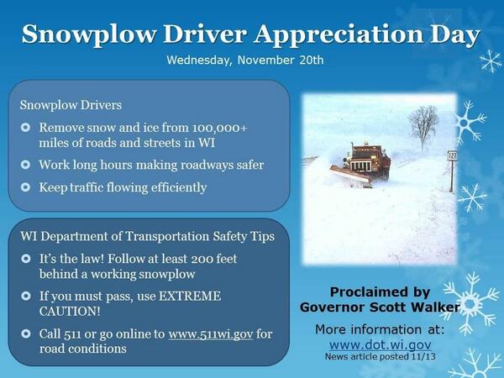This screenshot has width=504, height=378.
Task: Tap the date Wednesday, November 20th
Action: pyautogui.click(x=244, y=60)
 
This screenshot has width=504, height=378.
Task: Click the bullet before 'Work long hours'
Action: pyautogui.click(x=26, y=165)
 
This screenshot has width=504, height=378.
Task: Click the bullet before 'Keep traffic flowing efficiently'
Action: pyautogui.click(x=26, y=186)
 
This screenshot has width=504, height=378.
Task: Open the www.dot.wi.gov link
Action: pyautogui.click(x=380, y=344)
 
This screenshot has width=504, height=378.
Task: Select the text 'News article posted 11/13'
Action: pyautogui.click(x=380, y=357)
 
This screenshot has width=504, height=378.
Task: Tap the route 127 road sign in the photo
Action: pyautogui.click(x=451, y=156)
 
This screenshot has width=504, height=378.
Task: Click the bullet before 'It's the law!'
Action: pyautogui.click(x=26, y=260)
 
